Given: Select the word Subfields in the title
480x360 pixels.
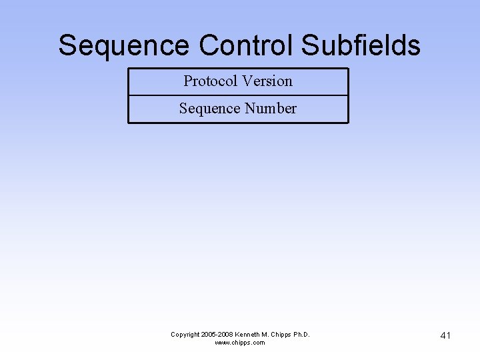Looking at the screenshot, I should [x=361, y=46].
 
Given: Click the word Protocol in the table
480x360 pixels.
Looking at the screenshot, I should [x=210, y=81].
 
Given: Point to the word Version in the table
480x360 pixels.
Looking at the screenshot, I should [x=267, y=81].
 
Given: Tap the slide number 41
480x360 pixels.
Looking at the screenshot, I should [x=445, y=335].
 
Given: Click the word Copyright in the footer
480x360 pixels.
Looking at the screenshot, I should [x=186, y=334].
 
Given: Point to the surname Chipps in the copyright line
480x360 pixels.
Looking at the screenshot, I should [x=282, y=334].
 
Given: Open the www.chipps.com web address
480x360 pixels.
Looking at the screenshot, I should [x=239, y=343].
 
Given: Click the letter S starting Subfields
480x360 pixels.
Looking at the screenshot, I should [x=309, y=46].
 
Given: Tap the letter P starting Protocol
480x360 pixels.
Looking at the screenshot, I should [x=188, y=81].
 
